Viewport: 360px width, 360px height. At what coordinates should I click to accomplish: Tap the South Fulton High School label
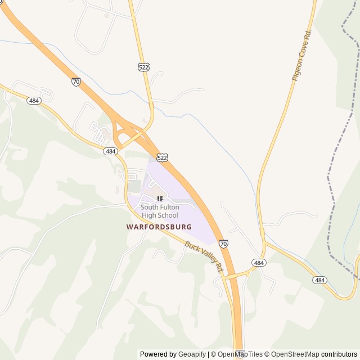point(160,211)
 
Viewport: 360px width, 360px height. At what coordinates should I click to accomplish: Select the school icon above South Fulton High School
point(160,199)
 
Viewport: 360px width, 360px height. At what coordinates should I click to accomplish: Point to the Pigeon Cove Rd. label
point(301,55)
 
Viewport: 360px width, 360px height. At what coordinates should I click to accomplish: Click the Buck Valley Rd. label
point(204,256)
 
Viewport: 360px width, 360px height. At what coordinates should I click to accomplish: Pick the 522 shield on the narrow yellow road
point(143,67)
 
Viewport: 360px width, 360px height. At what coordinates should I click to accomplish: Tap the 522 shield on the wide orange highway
point(162,158)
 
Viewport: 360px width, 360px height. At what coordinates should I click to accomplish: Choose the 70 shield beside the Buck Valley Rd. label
point(224,244)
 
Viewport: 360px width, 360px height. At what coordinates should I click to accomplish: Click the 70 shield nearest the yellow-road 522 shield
point(76,82)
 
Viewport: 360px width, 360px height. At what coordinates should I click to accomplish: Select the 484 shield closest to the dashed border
point(320,280)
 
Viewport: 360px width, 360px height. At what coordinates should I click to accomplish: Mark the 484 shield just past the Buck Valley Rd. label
point(259,263)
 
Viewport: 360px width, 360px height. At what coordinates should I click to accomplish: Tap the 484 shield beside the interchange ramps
point(111,151)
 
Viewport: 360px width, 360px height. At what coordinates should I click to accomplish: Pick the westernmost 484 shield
point(34,100)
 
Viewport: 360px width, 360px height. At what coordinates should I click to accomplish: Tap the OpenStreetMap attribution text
point(295,354)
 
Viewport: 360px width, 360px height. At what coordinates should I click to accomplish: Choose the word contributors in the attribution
point(339,354)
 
